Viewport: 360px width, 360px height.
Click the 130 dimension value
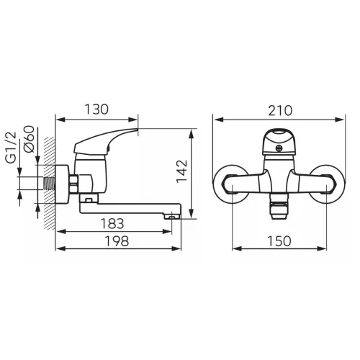tap(96, 109)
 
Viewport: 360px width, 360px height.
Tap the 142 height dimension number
tap(182, 171)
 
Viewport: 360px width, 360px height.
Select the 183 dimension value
tap(112, 223)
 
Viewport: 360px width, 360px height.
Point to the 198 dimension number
tap(117, 240)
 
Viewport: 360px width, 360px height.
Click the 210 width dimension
tap(280, 111)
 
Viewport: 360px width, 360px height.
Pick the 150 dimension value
tap(279, 240)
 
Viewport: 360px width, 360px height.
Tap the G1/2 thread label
tap(12, 148)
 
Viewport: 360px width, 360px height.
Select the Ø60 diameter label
tap(30, 139)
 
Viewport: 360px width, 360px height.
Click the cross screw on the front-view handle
tap(279, 148)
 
